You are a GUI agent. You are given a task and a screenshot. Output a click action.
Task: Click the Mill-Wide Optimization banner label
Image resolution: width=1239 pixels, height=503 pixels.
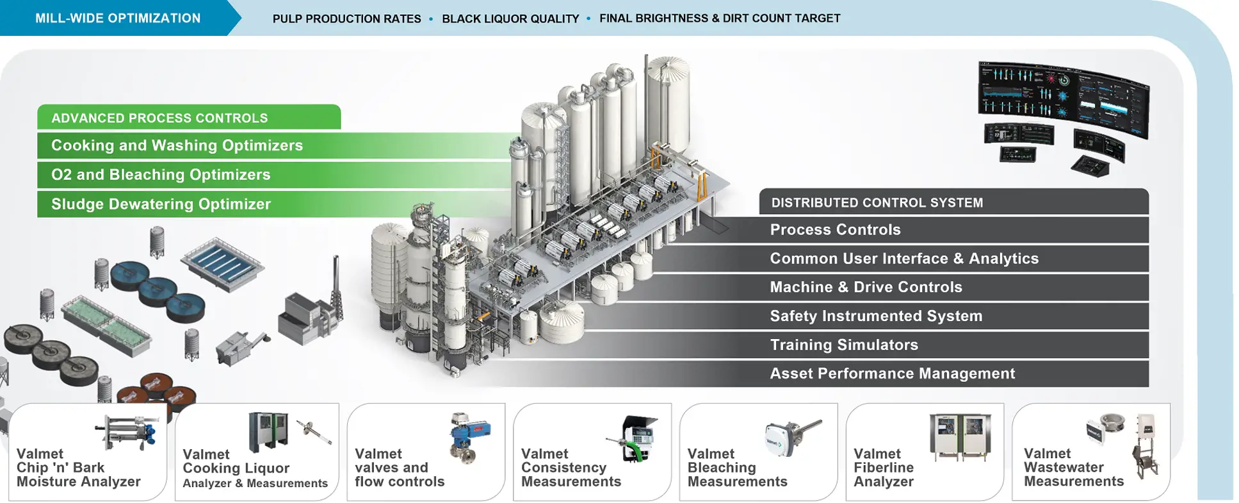(x=118, y=19)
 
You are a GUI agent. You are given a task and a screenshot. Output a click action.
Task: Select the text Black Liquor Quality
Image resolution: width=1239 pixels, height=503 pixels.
(x=510, y=19)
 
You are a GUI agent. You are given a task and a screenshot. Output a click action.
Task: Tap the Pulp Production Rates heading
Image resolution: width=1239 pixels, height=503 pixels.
(x=346, y=19)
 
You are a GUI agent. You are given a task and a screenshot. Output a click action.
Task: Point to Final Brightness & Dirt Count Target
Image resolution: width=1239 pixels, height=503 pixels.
(x=720, y=19)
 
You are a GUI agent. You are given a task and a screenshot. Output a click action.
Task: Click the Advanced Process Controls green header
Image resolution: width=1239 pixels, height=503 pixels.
(x=160, y=119)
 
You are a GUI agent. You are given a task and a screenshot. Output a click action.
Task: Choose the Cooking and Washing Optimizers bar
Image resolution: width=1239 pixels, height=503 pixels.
(x=177, y=146)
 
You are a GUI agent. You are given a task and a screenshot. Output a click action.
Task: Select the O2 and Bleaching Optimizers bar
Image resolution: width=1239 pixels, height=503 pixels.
(x=161, y=175)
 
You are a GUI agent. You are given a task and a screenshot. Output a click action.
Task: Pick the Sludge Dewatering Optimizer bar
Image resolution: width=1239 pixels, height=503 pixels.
(x=161, y=204)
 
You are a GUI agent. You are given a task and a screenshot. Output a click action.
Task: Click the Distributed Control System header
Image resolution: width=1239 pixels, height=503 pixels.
(x=877, y=203)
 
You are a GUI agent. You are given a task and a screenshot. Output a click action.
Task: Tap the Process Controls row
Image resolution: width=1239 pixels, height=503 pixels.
(x=835, y=230)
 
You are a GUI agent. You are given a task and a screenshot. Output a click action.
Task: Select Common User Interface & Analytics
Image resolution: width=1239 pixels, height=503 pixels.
(x=903, y=259)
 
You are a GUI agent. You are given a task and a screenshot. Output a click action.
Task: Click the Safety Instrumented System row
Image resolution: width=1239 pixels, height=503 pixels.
(x=875, y=317)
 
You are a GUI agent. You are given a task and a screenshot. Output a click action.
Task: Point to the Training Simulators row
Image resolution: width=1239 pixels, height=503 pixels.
(x=843, y=345)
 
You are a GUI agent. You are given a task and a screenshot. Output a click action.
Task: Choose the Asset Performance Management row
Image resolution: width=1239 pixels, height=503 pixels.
(x=892, y=374)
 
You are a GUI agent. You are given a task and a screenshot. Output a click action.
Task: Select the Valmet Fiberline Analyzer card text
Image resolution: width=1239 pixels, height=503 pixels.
(x=884, y=468)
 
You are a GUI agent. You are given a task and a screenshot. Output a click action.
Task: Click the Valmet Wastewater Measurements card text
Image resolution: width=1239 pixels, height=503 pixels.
(x=1074, y=468)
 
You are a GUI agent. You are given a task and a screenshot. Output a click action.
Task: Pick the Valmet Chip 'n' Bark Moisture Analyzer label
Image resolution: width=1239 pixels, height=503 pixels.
(x=78, y=468)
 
